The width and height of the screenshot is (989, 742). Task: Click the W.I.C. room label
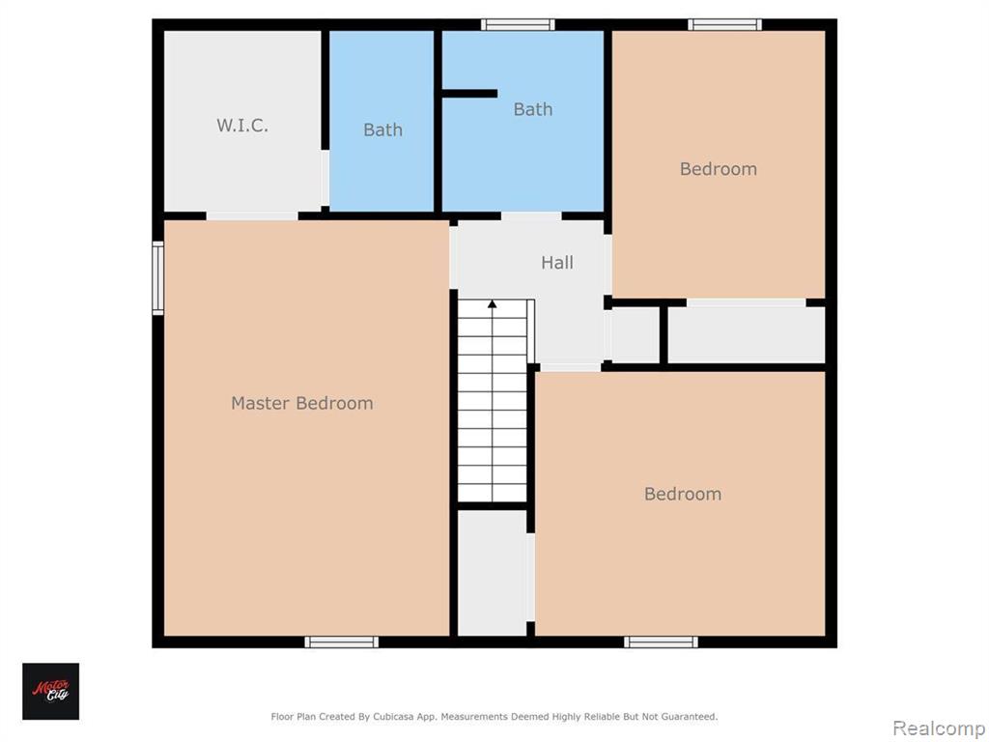coord(242,126)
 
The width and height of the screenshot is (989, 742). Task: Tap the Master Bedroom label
coord(302,403)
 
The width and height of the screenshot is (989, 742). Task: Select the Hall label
coord(557,263)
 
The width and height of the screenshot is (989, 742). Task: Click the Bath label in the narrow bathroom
coord(382,130)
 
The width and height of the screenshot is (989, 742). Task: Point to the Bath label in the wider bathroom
coord(533,110)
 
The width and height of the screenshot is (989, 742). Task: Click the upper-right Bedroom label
coord(719,169)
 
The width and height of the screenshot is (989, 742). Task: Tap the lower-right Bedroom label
coord(683,494)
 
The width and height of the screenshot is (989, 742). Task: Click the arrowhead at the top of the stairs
coord(492,304)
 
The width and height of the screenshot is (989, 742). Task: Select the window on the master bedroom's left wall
coord(157,277)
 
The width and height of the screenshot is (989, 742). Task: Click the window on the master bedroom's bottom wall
coord(342,642)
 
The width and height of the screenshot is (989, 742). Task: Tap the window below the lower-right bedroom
coord(661,642)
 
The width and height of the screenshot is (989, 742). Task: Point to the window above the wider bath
coord(518,24)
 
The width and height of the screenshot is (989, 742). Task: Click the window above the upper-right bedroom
coord(724,24)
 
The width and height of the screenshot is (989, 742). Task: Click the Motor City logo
coord(51,692)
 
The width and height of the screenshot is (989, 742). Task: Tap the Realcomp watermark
coord(939,728)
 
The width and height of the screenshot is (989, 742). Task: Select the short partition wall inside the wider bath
coord(469,94)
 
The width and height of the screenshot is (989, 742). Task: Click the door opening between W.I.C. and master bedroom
coord(252,215)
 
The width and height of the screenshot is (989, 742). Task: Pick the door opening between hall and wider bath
coord(531,215)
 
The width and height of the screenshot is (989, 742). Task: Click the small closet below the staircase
coord(492,573)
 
